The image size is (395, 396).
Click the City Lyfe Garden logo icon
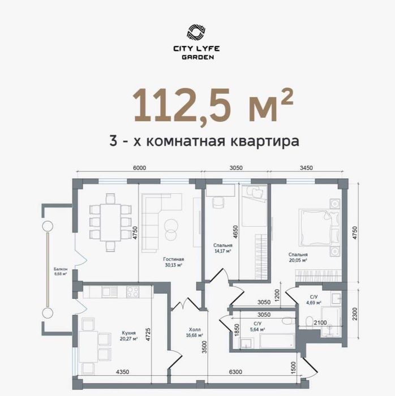(197, 32)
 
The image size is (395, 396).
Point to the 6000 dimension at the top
(140, 167)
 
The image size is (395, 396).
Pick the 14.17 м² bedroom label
(222, 248)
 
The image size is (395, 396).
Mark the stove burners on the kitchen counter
(132, 292)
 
